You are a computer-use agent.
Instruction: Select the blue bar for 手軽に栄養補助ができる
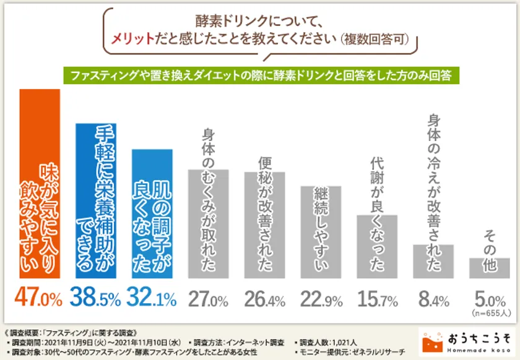coord(96,201)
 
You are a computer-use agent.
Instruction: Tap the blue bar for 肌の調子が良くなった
coord(152,214)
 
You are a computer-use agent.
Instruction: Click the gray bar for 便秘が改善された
coord(264,225)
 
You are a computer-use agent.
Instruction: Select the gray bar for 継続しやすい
coord(320,232)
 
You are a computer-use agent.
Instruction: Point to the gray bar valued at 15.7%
coord(377,247)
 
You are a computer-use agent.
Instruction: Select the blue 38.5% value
coord(95,299)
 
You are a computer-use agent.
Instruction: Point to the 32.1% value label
coord(152,299)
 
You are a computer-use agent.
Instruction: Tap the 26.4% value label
coord(264,299)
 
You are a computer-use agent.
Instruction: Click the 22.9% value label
coord(320,299)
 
